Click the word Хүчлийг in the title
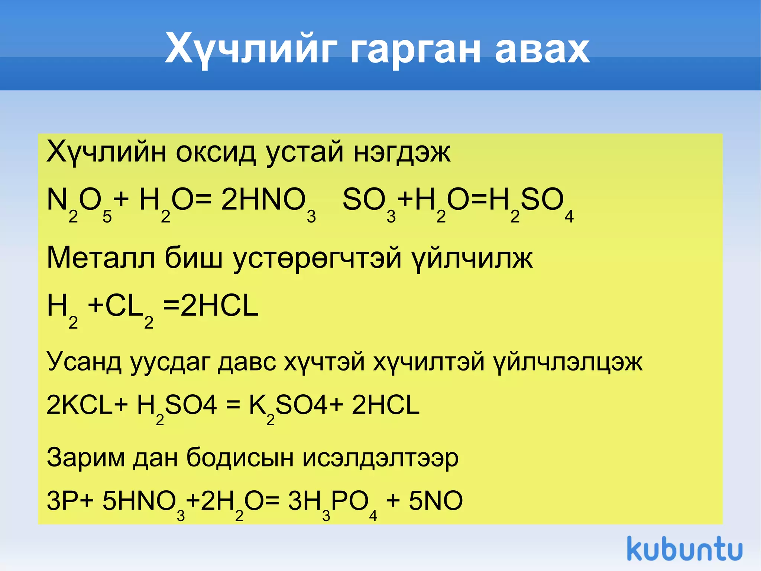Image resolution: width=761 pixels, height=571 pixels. pyautogui.click(x=251, y=49)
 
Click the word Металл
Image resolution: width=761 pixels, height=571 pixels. pyautogui.click(x=101, y=257)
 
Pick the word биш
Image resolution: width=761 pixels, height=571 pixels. pyautogui.click(x=193, y=257)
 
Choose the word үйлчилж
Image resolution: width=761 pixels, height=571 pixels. pyautogui.click(x=472, y=257)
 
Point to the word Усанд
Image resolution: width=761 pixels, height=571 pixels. pyautogui.click(x=84, y=362)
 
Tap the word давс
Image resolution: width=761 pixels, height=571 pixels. pyautogui.click(x=247, y=362)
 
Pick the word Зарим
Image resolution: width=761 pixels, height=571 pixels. pyautogui.click(x=85, y=458)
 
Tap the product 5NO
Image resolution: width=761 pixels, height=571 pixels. pyautogui.click(x=435, y=501)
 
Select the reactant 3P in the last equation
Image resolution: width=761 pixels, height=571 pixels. pyautogui.click(x=59, y=501)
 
